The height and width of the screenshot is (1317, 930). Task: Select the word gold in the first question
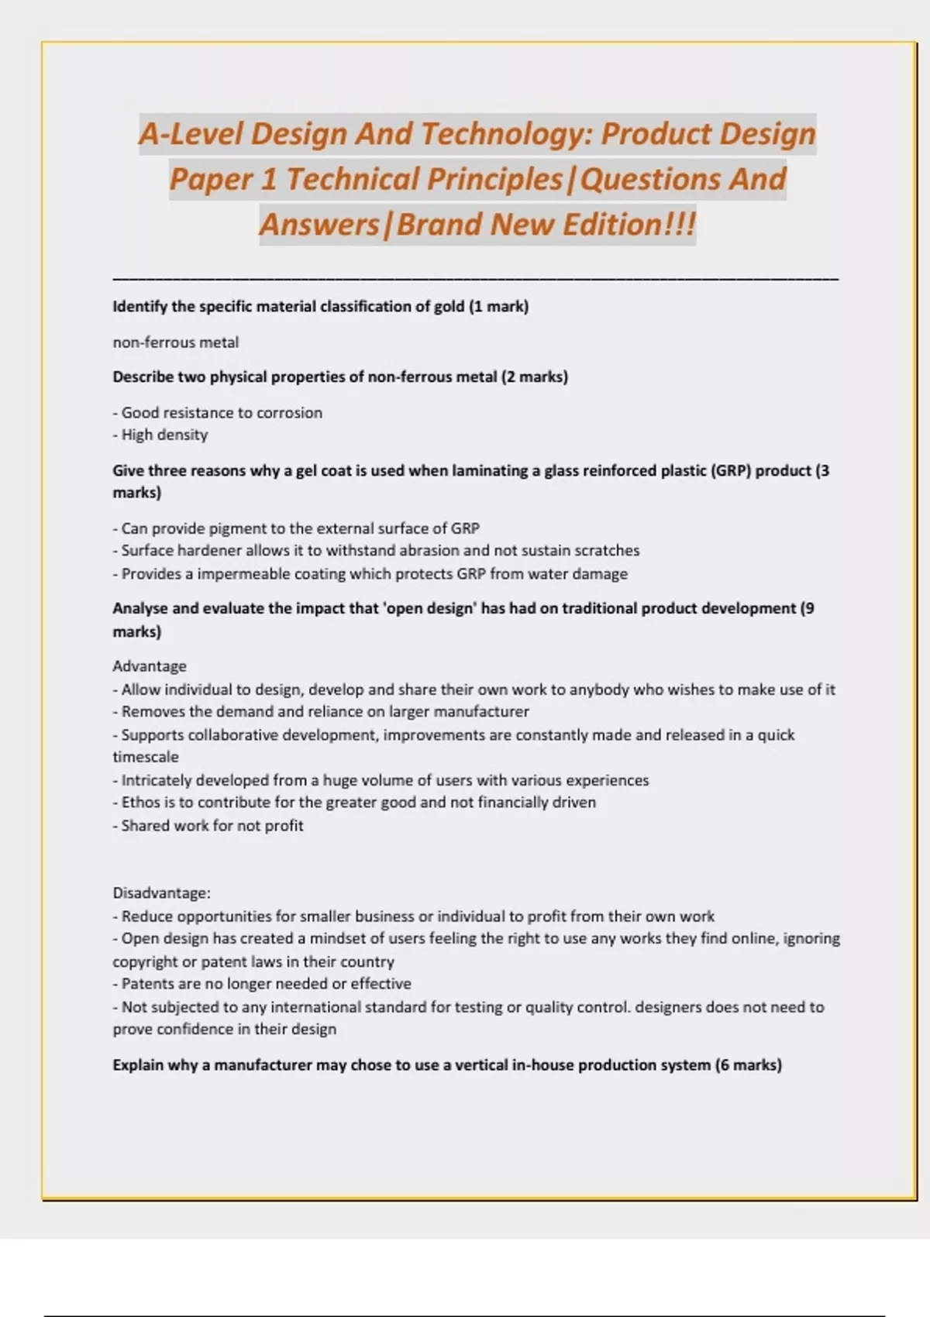449,306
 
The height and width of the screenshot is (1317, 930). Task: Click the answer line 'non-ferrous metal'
176,342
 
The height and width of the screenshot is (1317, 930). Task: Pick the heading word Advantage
150,666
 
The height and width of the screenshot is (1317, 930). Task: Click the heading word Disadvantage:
161,893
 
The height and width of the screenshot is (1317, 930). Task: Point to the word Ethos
140,803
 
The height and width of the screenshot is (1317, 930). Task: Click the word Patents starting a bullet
148,984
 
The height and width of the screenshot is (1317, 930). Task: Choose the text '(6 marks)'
748,1065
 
